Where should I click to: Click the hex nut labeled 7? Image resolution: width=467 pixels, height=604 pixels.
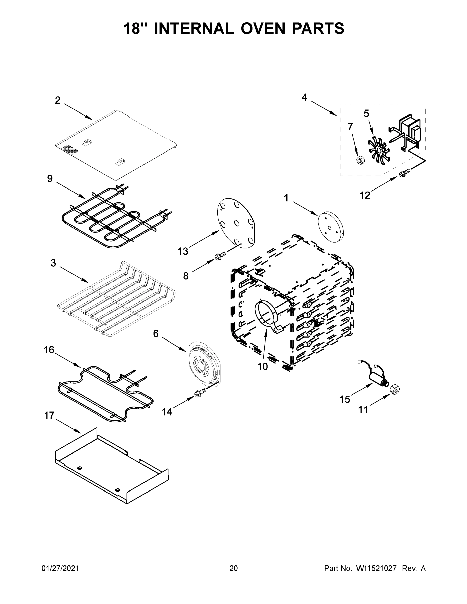pos(360,160)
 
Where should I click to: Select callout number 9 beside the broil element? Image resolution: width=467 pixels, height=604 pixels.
pos(50,179)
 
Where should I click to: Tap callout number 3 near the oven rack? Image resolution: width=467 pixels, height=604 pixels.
pos(53,263)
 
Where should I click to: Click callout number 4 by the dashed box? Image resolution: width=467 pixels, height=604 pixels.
pos(304,97)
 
